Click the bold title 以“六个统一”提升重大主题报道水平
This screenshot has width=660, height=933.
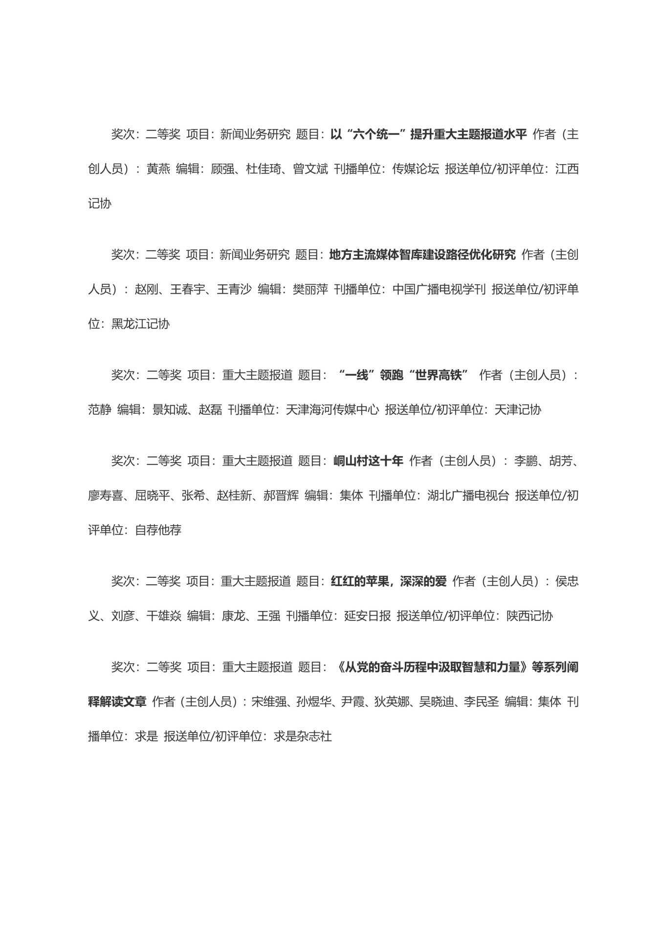click(428, 134)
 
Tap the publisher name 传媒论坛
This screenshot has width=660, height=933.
click(415, 169)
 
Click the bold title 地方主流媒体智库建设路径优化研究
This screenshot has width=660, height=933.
click(422, 254)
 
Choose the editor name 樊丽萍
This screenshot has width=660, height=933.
click(310, 289)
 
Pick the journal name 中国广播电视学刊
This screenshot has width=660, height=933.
click(439, 289)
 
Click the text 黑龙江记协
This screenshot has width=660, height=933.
click(140, 324)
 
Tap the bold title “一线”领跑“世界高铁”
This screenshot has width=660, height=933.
click(403, 375)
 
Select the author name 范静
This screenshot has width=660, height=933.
click(100, 409)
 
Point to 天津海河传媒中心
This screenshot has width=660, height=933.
click(332, 409)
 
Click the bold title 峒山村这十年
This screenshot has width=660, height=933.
click(368, 461)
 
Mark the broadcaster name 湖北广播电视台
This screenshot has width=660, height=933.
click(468, 495)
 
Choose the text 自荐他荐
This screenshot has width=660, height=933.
click(158, 530)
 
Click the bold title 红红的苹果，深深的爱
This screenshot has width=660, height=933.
click(389, 581)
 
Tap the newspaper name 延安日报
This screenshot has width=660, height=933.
click(367, 615)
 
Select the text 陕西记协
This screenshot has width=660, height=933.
click(529, 615)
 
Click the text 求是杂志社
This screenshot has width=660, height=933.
click(303, 736)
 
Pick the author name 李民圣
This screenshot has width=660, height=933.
click(481, 701)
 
